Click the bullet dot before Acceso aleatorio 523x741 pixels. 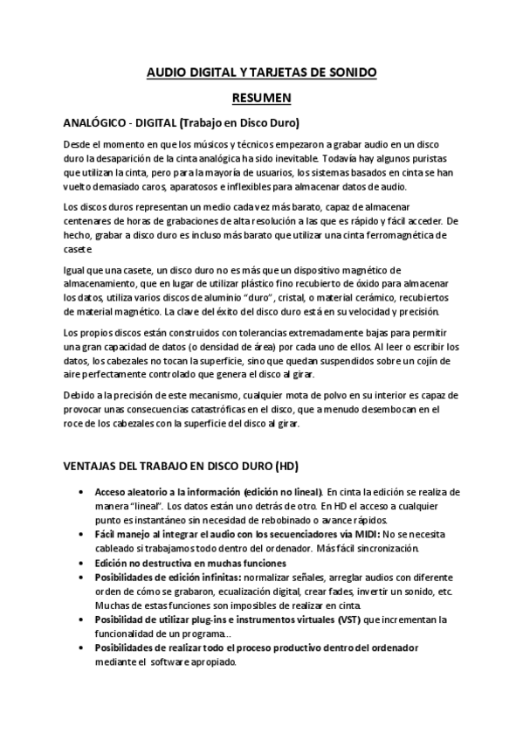(81, 491)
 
